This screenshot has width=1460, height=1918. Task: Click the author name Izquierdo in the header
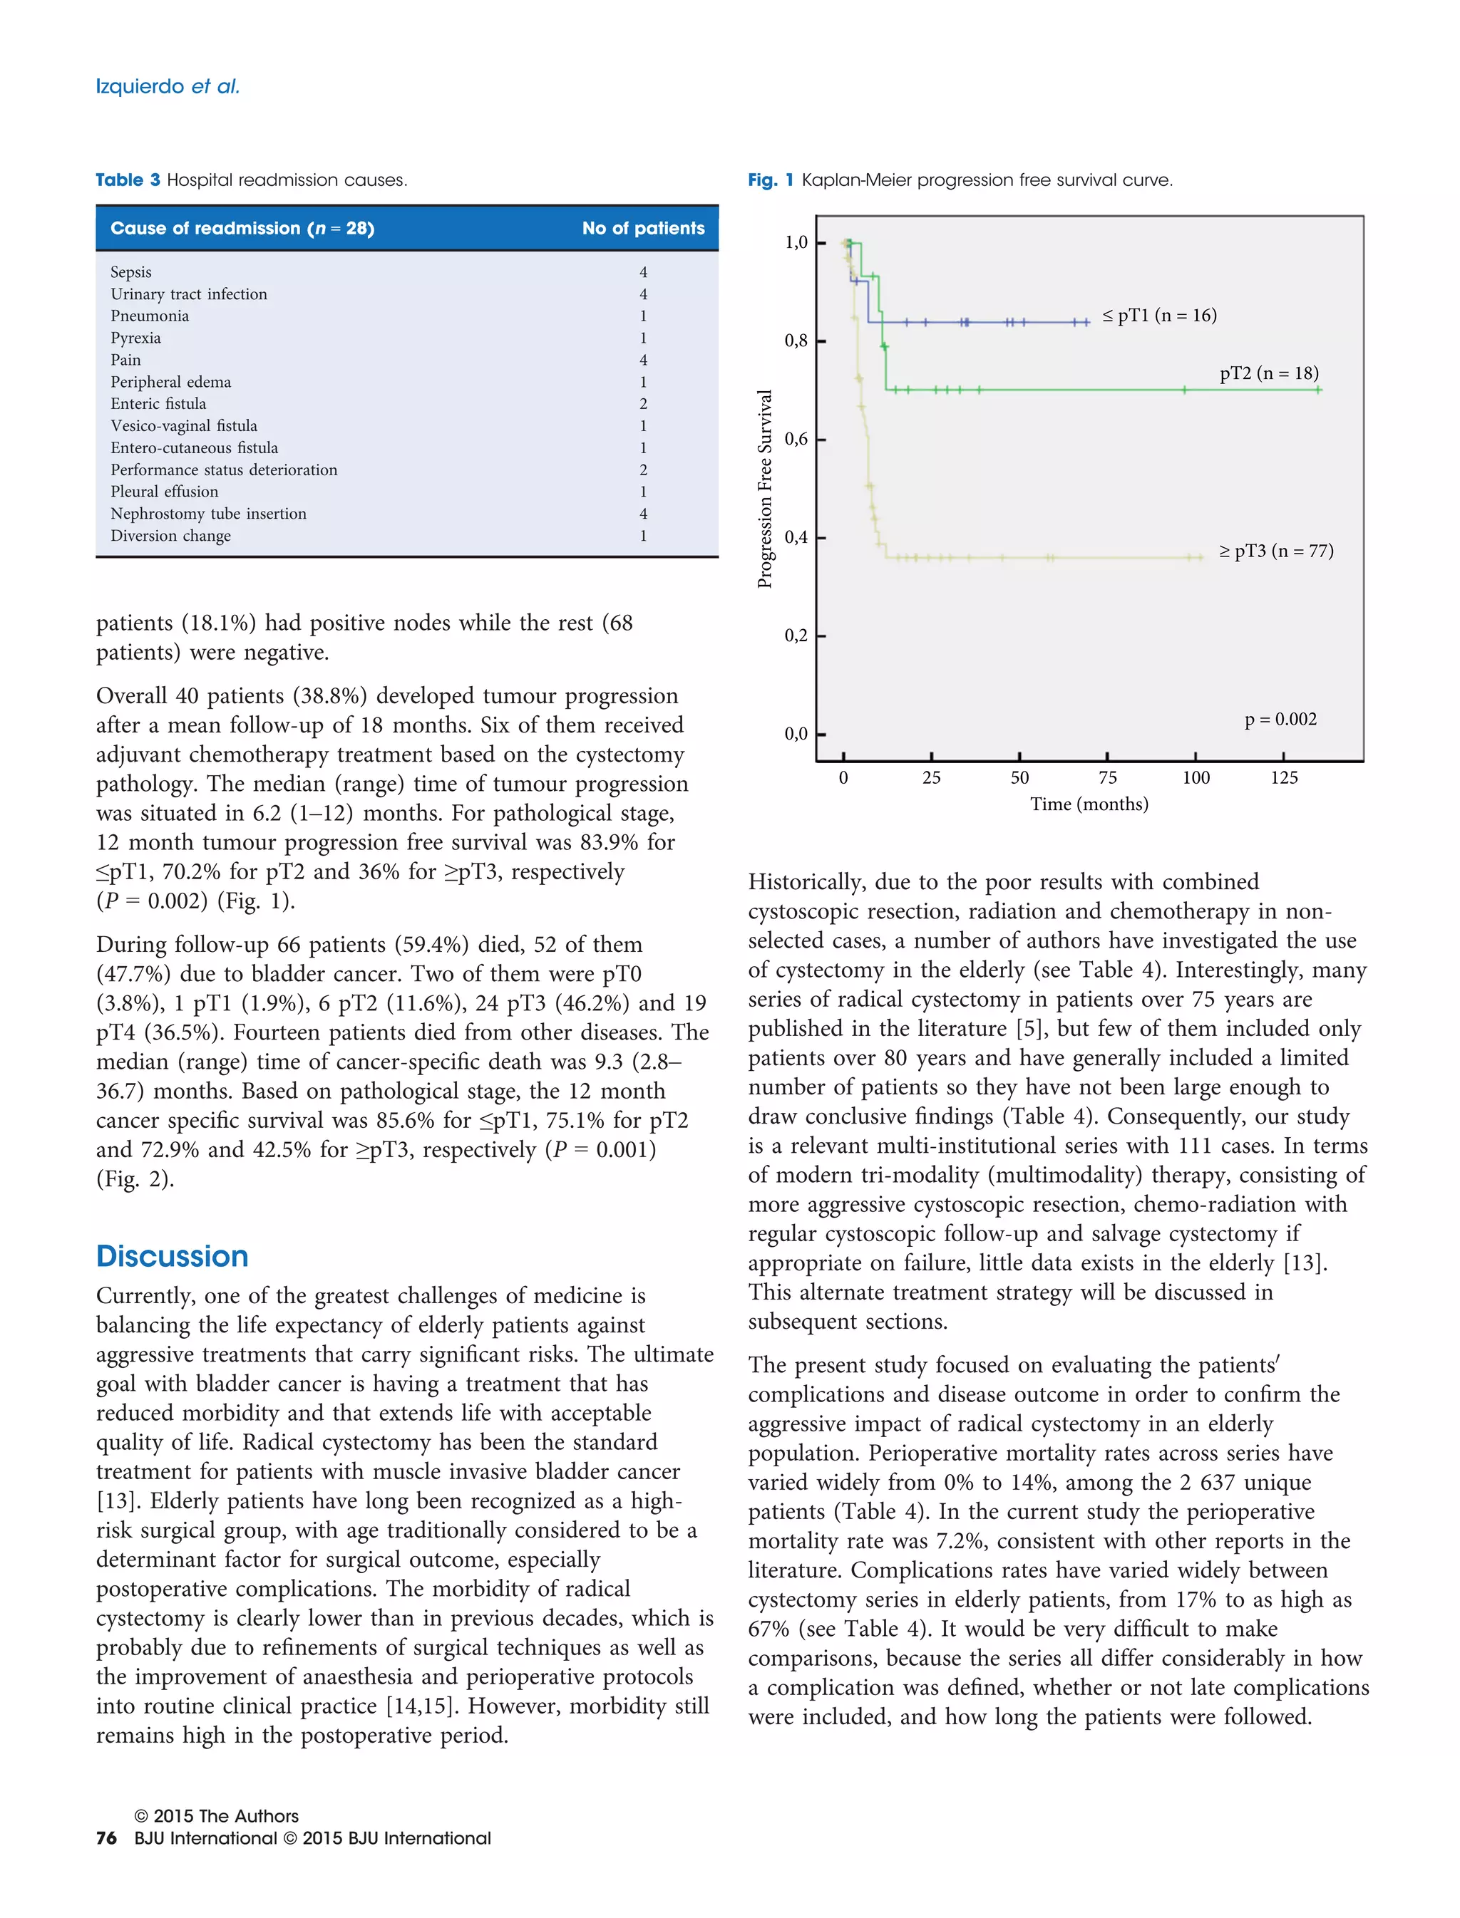(x=140, y=86)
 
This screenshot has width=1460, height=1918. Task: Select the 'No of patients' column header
(x=643, y=229)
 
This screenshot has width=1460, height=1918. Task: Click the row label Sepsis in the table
(x=131, y=272)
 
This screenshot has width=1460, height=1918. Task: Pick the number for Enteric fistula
(x=643, y=404)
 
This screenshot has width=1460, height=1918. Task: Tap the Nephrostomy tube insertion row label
(x=209, y=514)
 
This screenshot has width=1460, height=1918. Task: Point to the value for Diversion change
(x=643, y=536)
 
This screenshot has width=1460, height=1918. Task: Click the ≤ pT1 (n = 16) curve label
(x=1159, y=316)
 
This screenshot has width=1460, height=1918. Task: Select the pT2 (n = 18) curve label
(x=1269, y=373)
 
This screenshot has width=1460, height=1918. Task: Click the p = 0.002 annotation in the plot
(x=1280, y=720)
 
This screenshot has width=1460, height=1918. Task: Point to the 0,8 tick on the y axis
(x=796, y=341)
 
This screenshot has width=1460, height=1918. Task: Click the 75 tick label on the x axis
(x=1107, y=778)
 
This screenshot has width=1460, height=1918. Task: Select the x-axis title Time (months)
(x=1089, y=804)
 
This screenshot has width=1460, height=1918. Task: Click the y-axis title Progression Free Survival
(x=765, y=488)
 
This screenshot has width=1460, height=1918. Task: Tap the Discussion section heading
(x=172, y=1256)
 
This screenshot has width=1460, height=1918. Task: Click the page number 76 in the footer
(x=106, y=1837)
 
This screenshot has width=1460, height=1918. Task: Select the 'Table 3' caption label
(x=128, y=180)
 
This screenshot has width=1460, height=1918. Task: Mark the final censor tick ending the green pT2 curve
(x=1318, y=390)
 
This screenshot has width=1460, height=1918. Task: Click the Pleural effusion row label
(x=164, y=492)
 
